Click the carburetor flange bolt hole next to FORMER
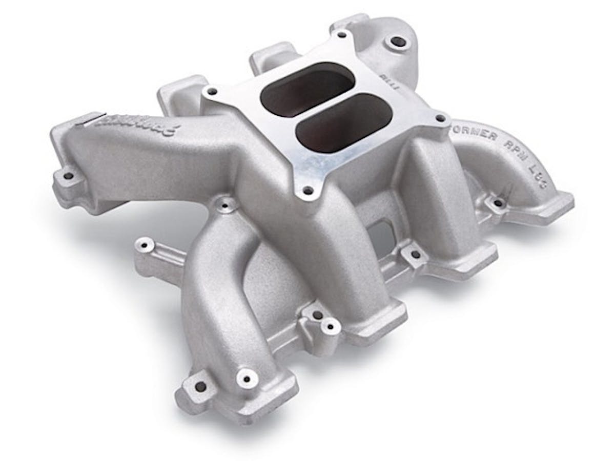440,118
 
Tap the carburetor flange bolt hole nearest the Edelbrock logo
211,91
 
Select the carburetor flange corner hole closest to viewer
307,191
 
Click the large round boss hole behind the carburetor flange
395,40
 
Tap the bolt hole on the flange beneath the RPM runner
497,203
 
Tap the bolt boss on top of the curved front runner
224,206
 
